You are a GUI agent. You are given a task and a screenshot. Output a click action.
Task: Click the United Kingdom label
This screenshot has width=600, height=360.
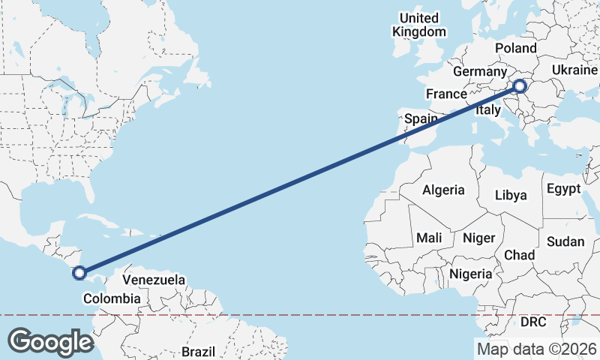coord(419,25)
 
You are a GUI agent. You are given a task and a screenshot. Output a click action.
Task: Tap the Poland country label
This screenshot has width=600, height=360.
coord(517,48)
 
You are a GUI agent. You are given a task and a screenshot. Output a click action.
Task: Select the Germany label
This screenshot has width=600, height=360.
coord(480,72)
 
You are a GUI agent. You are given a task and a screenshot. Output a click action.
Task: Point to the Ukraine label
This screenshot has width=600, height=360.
coord(574,69)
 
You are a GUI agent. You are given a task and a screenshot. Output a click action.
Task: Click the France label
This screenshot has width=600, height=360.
coord(446,94)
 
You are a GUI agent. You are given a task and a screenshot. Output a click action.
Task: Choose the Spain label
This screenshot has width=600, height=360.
coord(421,118)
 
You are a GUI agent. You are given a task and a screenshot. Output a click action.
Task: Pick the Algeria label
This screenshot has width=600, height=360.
coord(443,190)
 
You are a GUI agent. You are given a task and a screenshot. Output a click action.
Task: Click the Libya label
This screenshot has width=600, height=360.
coord(511,195)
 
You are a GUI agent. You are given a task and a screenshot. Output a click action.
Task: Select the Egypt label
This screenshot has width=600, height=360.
coord(564,188)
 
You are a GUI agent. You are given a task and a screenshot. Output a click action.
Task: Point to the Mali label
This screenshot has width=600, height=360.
coord(429,238)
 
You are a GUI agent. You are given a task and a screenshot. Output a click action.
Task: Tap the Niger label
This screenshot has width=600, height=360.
coord(478,238)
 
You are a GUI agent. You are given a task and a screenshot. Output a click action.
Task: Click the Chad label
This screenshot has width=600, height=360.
coord(519,255)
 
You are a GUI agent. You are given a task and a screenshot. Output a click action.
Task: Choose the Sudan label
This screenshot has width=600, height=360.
coord(565,241)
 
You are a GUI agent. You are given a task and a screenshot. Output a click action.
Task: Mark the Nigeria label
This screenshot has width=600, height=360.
coord(471,274)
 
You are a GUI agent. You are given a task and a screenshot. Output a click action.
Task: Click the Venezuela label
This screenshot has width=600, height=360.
coord(154,280)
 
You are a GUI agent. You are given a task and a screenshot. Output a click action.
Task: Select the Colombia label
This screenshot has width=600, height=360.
coord(111,298)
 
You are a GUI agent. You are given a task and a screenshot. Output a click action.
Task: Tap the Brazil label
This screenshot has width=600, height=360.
coord(198,351)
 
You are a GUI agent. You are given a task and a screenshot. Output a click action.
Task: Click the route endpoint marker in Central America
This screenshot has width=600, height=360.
coord(79,272)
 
